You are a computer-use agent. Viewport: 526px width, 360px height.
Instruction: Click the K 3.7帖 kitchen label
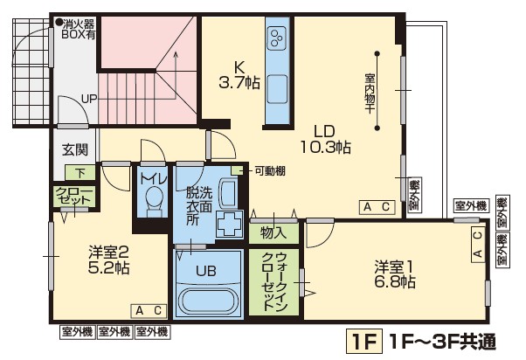coord(239,75)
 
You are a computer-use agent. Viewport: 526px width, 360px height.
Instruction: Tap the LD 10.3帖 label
coord(325,137)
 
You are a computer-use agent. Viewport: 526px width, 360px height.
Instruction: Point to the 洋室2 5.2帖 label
coord(109,260)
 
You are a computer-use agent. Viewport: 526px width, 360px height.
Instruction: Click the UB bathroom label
coord(206,270)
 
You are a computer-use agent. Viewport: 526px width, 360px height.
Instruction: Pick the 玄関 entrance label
coord(73,149)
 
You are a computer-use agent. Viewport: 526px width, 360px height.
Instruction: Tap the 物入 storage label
coord(273,232)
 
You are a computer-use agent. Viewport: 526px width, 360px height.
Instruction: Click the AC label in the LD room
coord(377,206)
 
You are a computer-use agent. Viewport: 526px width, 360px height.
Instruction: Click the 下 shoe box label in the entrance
coord(80,172)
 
